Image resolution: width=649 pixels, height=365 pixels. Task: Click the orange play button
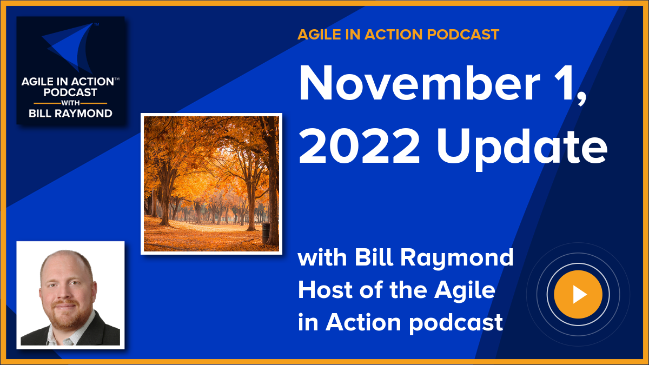pos(578,294)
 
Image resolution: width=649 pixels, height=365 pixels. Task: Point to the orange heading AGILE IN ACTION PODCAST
pos(398,35)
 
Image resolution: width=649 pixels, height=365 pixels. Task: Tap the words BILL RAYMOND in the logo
pos(71,114)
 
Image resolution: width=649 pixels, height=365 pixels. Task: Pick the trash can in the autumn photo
pos(266,233)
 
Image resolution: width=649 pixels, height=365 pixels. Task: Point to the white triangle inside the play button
pos(579,294)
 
